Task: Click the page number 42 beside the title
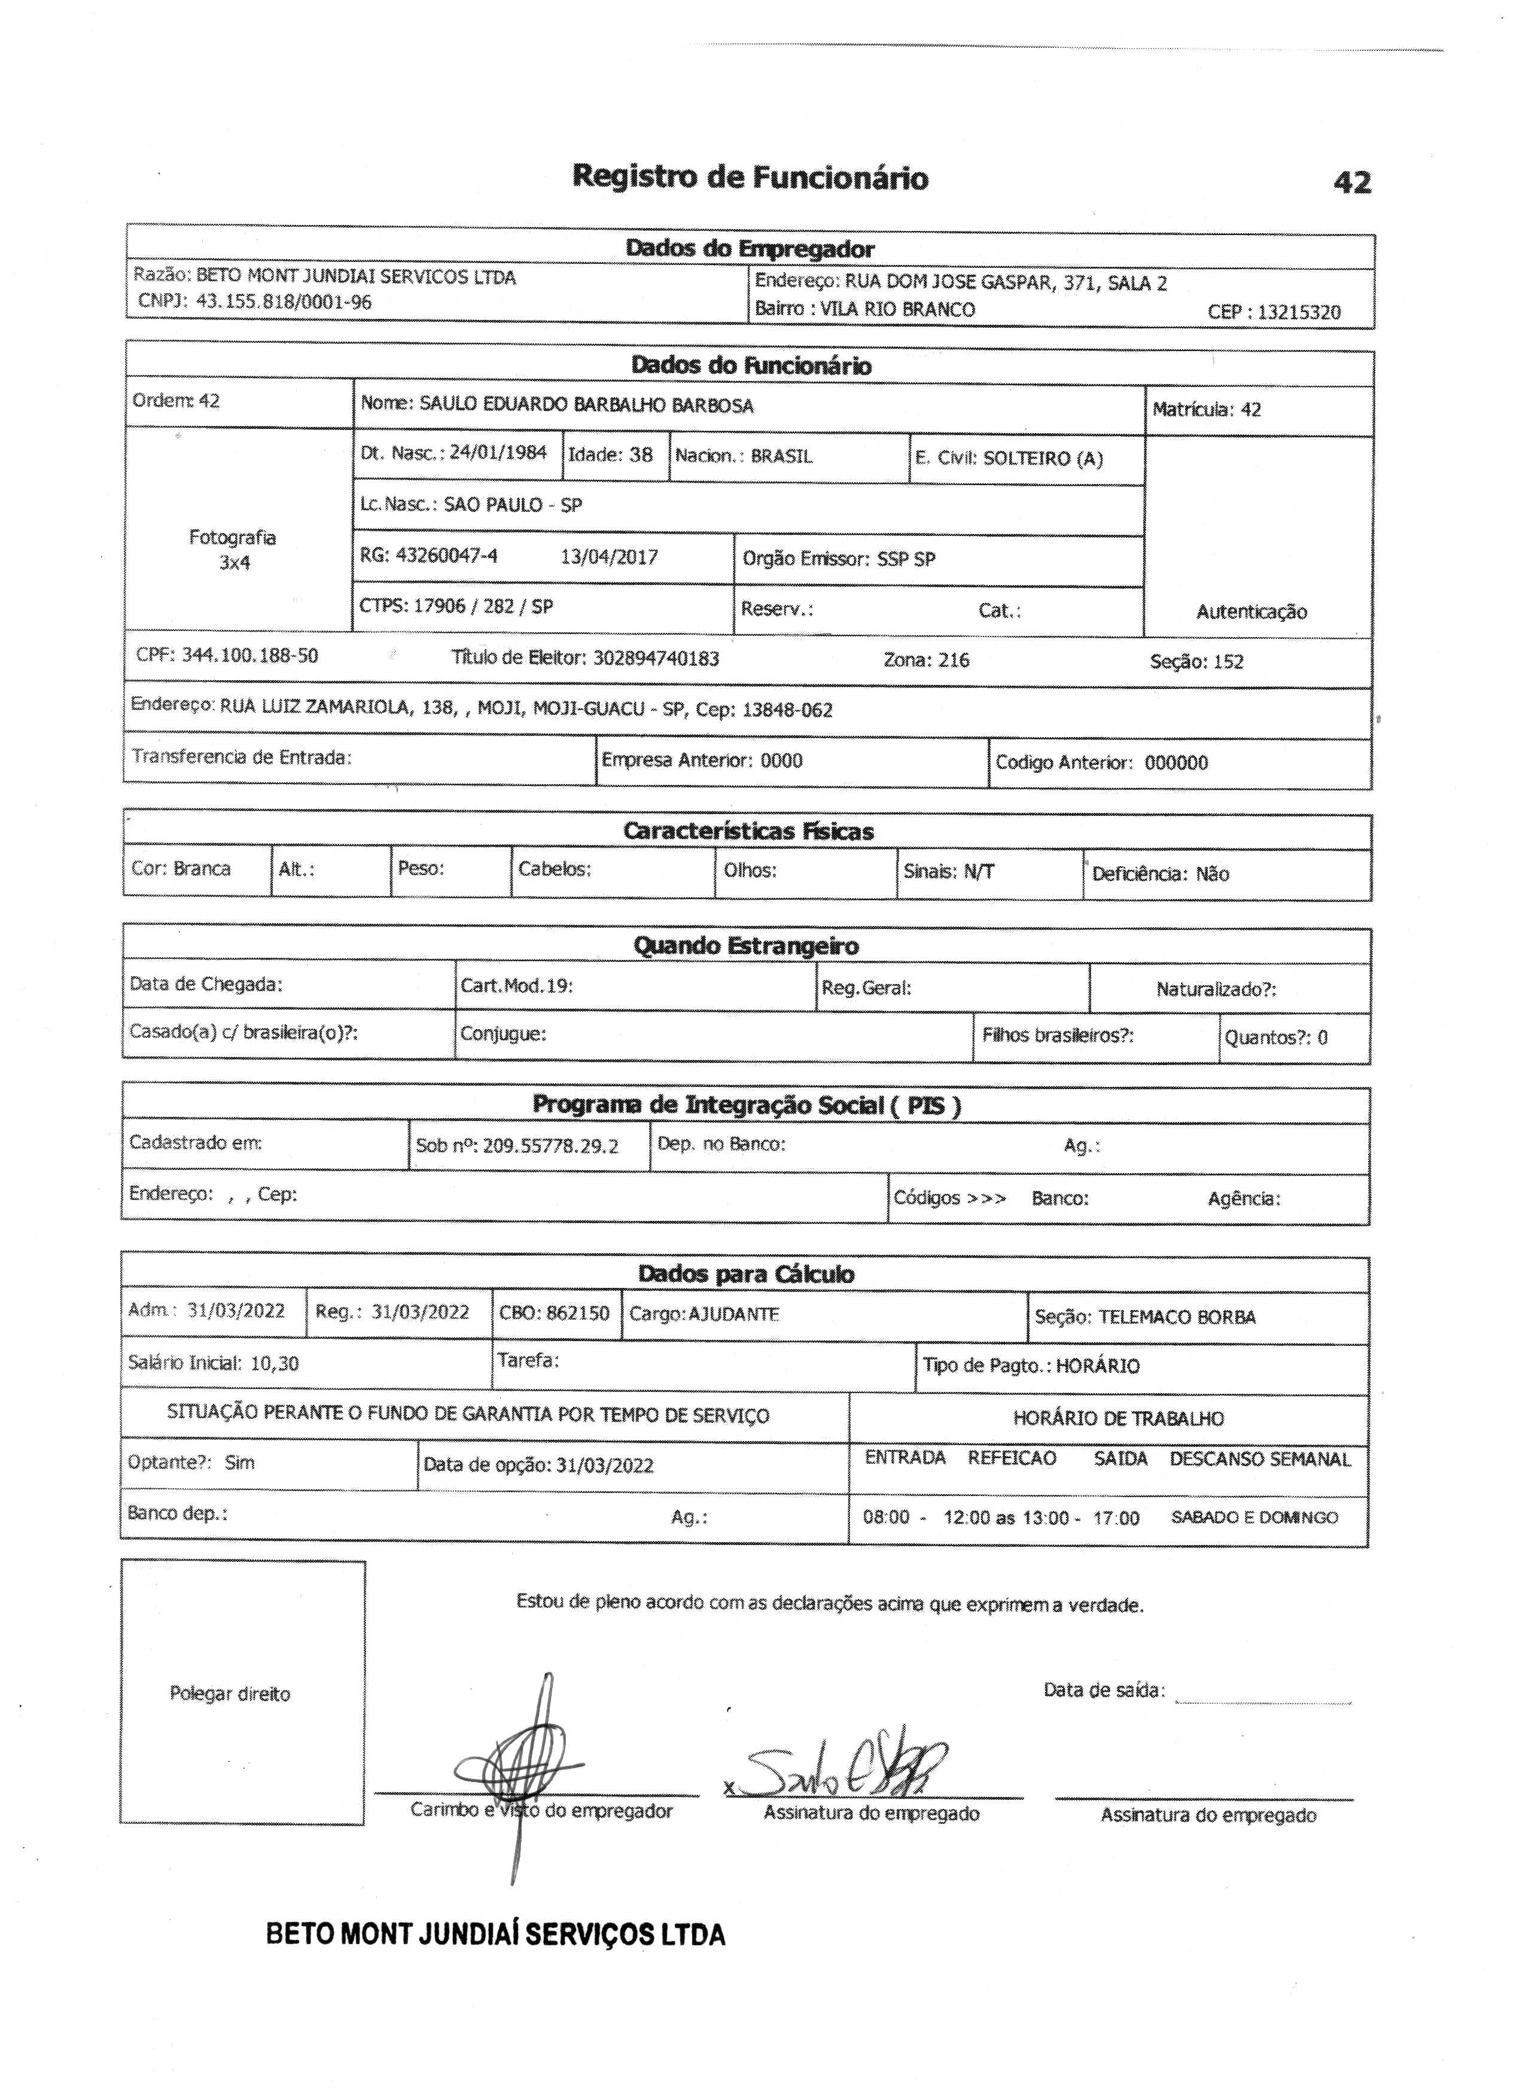coord(1351,182)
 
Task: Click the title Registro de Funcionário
coord(750,176)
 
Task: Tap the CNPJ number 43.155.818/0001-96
coord(283,301)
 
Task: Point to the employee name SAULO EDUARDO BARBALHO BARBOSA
coord(586,406)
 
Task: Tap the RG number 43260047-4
coord(446,556)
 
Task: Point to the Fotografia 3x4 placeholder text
coord(233,549)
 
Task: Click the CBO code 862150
coord(578,1313)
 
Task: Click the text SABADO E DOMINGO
coord(1254,1518)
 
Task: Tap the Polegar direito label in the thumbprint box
coord(230,1695)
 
